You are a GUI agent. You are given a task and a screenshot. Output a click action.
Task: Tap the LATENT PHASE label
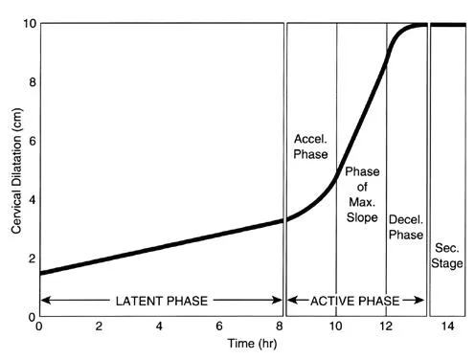[x=162, y=303]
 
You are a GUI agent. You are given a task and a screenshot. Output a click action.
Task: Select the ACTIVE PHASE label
[x=356, y=303]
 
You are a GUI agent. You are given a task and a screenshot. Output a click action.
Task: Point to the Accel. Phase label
[x=309, y=146]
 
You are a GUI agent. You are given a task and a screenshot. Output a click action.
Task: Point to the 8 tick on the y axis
[x=30, y=81]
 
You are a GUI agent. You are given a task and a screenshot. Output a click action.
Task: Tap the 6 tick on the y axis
[x=30, y=141]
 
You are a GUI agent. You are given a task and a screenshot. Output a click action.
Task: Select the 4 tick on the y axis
[x=30, y=199]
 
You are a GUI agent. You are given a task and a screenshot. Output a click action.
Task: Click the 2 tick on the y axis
[x=30, y=259]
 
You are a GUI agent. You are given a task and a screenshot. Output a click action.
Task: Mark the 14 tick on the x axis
[x=447, y=326]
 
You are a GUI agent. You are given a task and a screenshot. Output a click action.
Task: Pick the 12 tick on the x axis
[x=387, y=326]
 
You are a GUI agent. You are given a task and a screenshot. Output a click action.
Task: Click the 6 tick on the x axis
[x=219, y=326]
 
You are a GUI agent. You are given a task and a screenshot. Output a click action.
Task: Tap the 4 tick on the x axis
[x=159, y=326]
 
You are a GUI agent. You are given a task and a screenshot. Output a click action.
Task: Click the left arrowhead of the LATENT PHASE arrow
[x=43, y=303]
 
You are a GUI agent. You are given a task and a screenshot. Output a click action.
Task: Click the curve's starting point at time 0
[x=39, y=273]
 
